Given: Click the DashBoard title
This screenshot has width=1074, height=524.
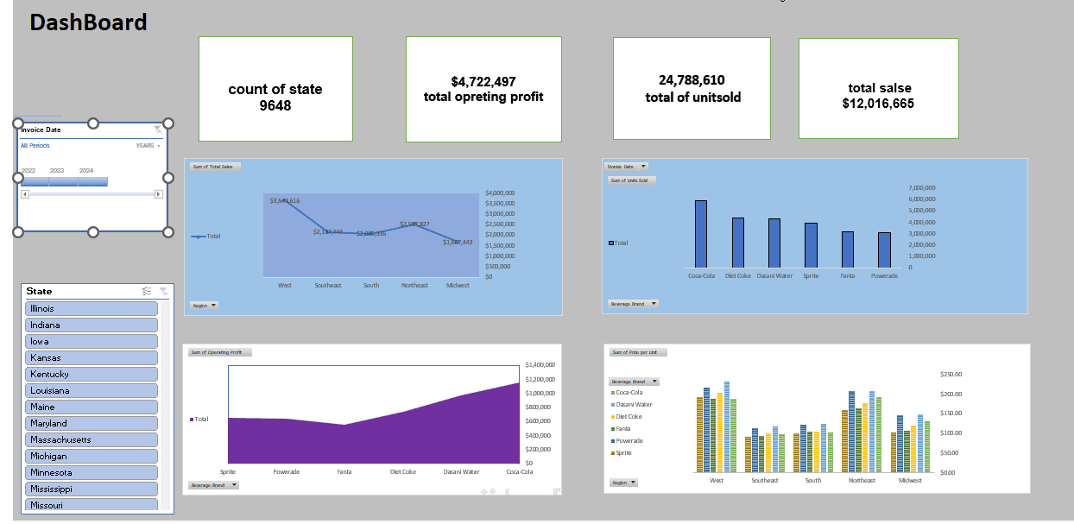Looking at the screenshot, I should [88, 22].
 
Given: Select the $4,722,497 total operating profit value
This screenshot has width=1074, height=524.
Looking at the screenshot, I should [483, 82].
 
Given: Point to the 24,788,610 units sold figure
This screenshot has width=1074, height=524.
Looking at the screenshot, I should [692, 80].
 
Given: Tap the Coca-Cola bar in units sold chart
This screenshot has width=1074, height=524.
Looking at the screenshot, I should [701, 234].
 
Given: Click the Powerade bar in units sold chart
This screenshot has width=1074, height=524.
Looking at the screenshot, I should [884, 249].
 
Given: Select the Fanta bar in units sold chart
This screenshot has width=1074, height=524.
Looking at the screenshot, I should [848, 249].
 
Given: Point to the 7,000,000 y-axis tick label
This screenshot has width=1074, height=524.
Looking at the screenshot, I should [922, 187].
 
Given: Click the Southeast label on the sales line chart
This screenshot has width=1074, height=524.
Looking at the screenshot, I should [328, 285].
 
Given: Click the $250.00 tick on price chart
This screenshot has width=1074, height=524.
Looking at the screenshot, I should [951, 375].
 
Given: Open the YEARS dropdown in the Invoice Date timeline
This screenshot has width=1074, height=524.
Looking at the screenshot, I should [148, 146].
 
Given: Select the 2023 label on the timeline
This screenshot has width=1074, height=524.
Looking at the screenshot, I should [57, 171].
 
